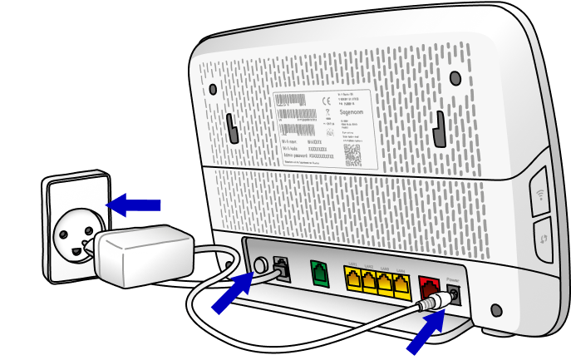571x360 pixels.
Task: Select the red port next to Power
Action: [x=430, y=289]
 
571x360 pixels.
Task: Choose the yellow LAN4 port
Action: [x=401, y=286]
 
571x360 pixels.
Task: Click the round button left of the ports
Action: [x=260, y=266]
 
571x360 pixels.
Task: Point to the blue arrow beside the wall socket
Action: [x=134, y=202]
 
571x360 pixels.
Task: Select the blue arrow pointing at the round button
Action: [x=232, y=293]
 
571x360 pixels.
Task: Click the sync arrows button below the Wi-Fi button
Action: [x=542, y=238]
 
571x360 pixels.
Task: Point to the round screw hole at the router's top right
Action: [x=455, y=77]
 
